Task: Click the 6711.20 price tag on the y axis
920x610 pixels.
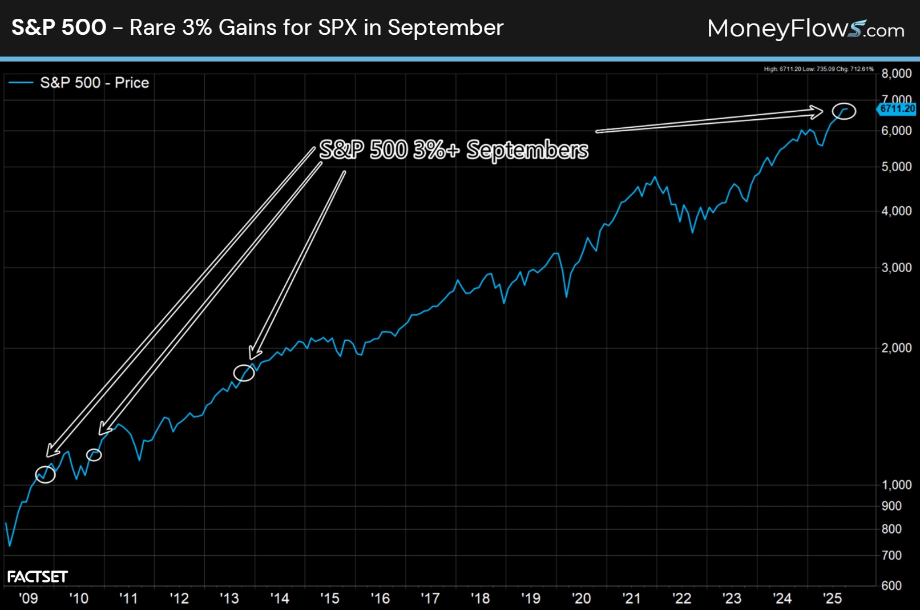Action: (x=897, y=108)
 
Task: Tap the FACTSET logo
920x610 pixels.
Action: (x=37, y=577)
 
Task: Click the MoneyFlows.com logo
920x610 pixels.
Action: (x=805, y=28)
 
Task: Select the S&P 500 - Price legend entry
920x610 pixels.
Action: (x=80, y=83)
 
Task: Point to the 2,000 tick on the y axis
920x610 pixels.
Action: (x=896, y=348)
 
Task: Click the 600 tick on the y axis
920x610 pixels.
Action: (x=891, y=585)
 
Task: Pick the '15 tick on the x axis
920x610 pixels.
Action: (x=330, y=598)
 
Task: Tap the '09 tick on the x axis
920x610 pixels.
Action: (x=29, y=598)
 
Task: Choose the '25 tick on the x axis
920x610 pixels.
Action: (x=832, y=598)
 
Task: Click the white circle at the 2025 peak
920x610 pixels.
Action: (x=844, y=111)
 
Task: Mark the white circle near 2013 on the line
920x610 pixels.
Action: (x=244, y=373)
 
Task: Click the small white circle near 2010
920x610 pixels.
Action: (x=94, y=455)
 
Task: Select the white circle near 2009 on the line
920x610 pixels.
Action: (x=45, y=474)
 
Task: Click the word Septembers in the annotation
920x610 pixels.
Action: (x=527, y=150)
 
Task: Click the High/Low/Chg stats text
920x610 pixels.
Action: (x=818, y=69)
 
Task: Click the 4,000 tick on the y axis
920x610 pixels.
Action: (x=896, y=211)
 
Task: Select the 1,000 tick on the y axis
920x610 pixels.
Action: (x=896, y=485)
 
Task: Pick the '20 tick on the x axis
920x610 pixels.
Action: (x=581, y=598)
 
